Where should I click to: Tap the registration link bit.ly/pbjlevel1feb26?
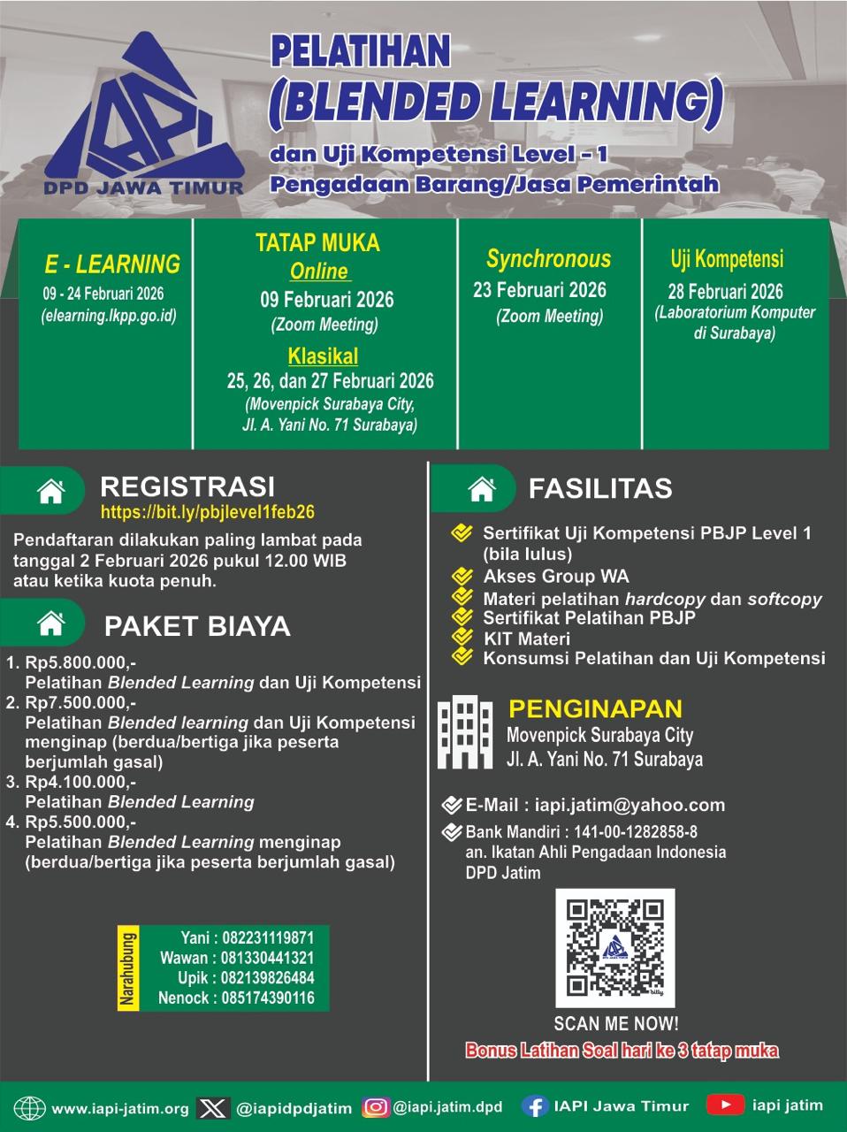click(208, 512)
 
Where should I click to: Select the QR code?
click(614, 948)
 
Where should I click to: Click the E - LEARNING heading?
click(112, 264)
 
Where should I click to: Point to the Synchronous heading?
click(548, 259)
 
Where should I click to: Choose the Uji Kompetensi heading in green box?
click(727, 259)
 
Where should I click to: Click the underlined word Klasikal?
click(323, 356)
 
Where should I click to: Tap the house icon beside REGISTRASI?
click(51, 490)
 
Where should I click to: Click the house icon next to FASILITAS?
click(481, 488)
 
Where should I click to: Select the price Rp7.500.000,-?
click(80, 703)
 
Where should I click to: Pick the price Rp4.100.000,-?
click(80, 783)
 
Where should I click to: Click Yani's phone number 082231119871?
click(264, 937)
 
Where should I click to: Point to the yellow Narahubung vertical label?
click(128, 968)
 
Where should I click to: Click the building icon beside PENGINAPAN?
click(464, 732)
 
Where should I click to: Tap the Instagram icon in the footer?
click(377, 1107)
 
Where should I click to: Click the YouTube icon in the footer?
click(725, 1105)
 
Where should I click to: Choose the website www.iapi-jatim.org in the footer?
click(120, 1108)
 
